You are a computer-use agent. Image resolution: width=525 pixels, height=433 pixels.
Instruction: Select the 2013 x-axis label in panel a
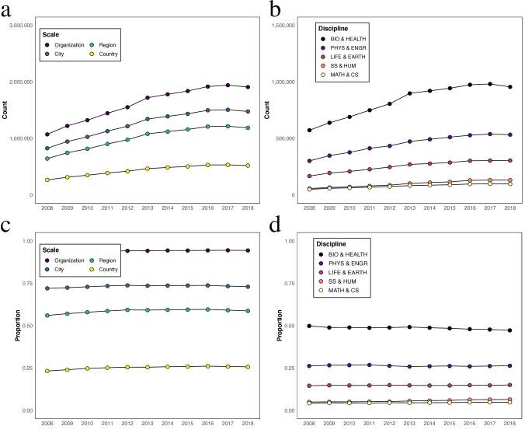(146, 208)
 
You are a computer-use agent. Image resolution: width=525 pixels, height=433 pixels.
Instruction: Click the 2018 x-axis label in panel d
(509, 423)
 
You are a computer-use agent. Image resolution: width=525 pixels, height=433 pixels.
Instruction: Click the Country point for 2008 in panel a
(47, 180)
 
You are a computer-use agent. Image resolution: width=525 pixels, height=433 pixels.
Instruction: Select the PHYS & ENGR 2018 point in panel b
(509, 134)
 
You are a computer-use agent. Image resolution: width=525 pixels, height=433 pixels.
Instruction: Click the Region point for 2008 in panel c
(47, 316)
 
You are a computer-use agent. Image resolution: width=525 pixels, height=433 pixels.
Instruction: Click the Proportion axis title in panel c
(16, 326)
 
